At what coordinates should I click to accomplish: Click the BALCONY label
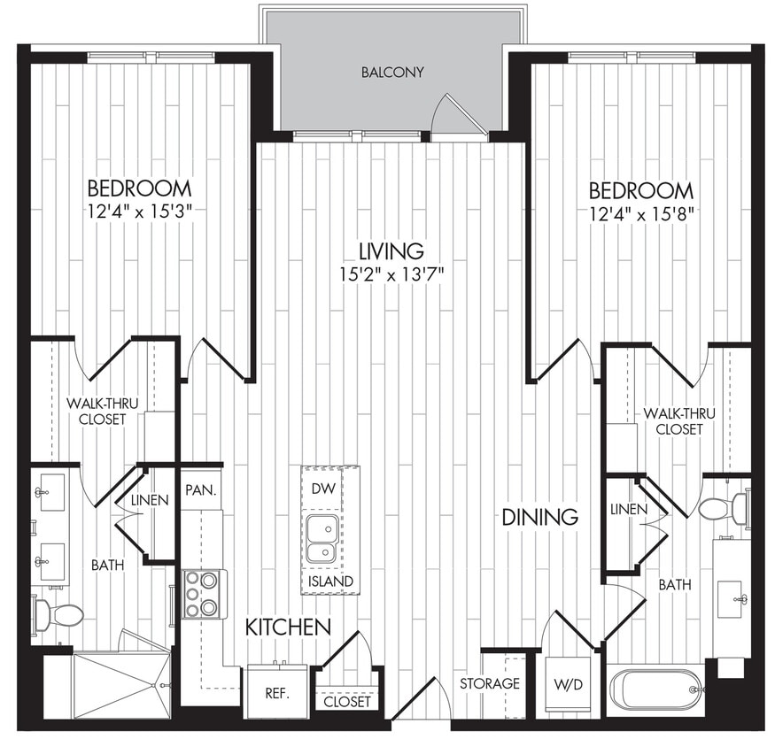pos(391,72)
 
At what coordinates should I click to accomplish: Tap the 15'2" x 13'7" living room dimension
pos(391,273)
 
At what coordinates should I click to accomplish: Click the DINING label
pos(540,517)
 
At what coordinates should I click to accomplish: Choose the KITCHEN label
pos(288,628)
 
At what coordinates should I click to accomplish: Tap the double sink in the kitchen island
pos(321,540)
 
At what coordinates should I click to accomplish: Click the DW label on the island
pos(322,488)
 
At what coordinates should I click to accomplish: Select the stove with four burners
pos(203,593)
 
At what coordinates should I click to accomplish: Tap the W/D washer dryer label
pos(570,684)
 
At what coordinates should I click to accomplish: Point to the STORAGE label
pos(489,684)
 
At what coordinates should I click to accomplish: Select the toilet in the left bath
pos(58,614)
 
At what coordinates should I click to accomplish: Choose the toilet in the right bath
pos(725,508)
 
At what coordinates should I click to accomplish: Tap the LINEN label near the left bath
pos(150,500)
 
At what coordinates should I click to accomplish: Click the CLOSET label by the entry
pos(347,701)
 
